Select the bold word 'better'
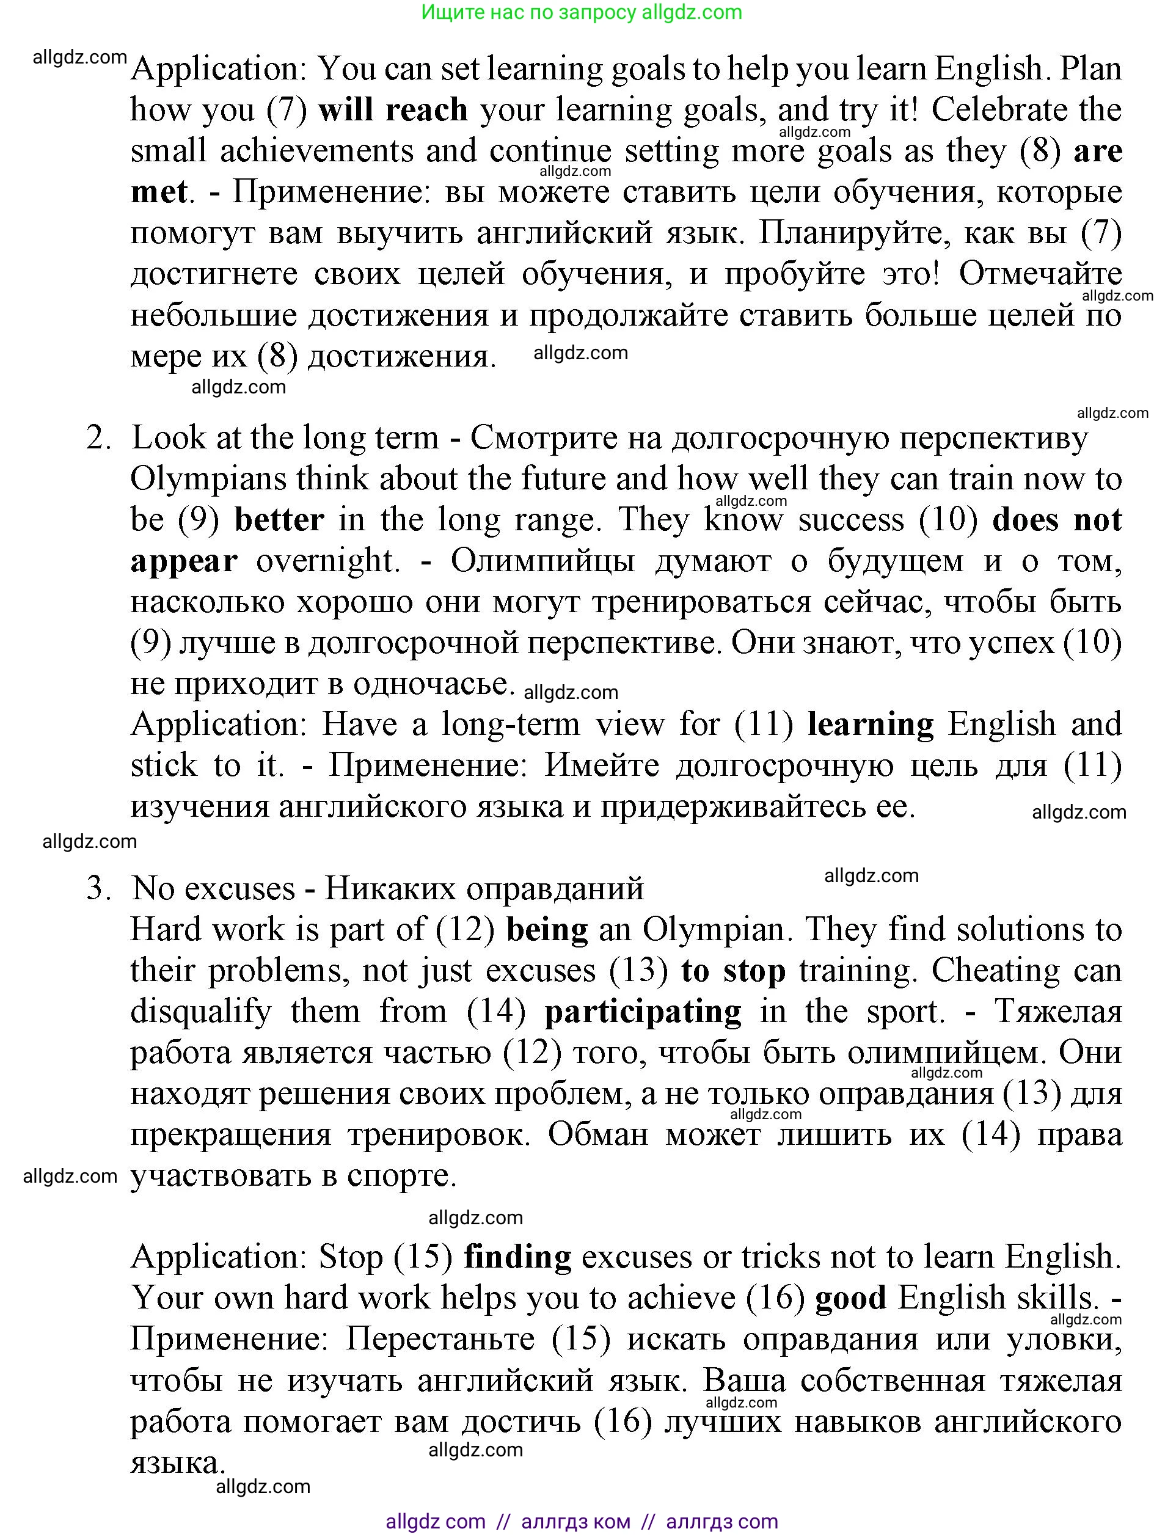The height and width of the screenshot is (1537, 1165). point(279,520)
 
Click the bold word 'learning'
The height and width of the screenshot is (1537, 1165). point(871,724)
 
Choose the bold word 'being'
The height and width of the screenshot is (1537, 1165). point(547,929)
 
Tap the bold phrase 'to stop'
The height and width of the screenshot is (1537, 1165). point(733,970)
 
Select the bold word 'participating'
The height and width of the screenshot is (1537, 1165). point(643,1011)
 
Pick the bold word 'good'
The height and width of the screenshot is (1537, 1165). point(850,1298)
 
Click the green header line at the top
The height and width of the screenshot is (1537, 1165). point(582,12)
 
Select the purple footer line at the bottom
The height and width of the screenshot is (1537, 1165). point(582,1521)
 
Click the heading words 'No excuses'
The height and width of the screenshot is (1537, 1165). point(214,888)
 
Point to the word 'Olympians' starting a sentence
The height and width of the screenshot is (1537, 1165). point(208,479)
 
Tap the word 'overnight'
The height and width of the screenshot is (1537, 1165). point(328,561)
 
